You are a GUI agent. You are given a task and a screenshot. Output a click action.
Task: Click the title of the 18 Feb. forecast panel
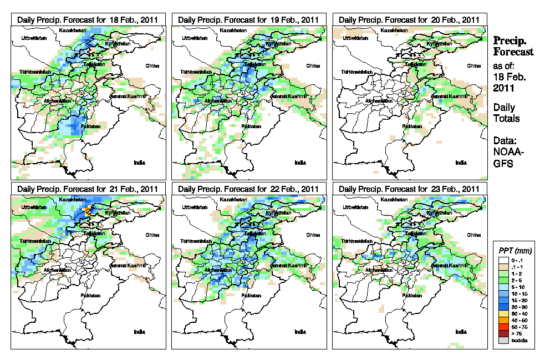pyautogui.click(x=88, y=19)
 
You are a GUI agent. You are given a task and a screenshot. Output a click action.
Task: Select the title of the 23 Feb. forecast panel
pyautogui.click(x=409, y=189)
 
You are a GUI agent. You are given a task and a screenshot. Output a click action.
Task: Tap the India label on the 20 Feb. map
pyautogui.click(x=461, y=163)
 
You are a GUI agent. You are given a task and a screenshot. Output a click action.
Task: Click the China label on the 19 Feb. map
pyautogui.click(x=313, y=65)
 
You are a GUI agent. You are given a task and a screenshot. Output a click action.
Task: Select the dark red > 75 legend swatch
pyautogui.click(x=503, y=333)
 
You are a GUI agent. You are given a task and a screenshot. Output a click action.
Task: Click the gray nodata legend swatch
pyautogui.click(x=503, y=340)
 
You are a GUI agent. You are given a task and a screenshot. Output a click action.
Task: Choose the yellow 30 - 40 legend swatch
pyautogui.click(x=503, y=313)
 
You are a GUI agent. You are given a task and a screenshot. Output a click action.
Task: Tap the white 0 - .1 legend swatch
pyautogui.click(x=503, y=260)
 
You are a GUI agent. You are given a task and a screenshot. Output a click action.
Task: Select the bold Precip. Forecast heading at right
pyautogui.click(x=513, y=46)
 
